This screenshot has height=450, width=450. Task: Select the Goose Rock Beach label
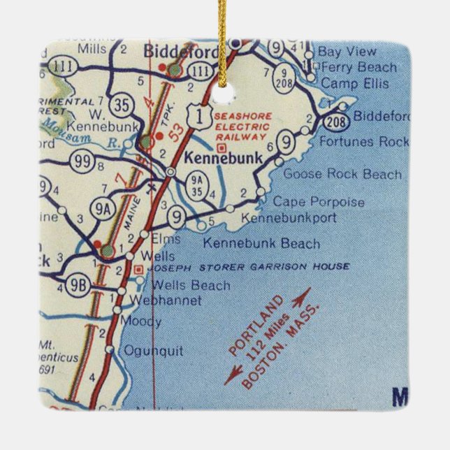tap(343, 175)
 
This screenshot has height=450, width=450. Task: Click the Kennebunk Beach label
tap(261, 244)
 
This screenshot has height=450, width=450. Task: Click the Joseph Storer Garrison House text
tap(233, 267)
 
